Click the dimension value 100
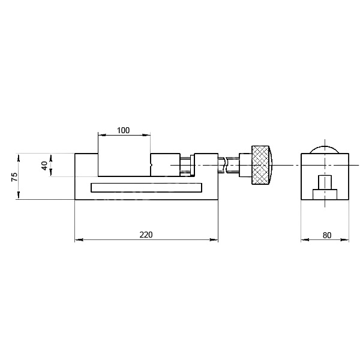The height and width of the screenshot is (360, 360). click(123, 130)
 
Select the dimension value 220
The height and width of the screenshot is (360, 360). click(146, 235)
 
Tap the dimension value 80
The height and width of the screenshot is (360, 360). click(327, 235)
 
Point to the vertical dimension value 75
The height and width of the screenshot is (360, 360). click(14, 176)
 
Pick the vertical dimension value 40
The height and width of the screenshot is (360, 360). click(44, 166)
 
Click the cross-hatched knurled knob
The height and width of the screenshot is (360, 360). click(260, 165)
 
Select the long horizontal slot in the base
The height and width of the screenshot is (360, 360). click(146, 187)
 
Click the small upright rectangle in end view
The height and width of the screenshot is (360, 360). click(325, 182)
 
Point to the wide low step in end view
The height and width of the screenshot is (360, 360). click(325, 194)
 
